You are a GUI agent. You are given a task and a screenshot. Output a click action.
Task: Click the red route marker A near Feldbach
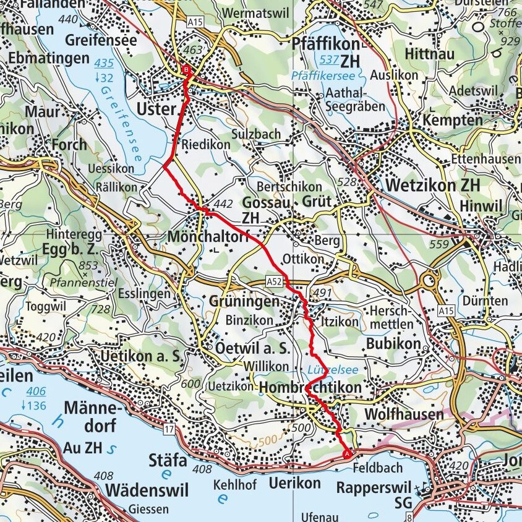coord(347,453)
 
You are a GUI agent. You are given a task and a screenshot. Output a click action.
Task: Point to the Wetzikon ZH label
coord(432,185)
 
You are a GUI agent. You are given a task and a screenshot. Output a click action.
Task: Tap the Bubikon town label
coord(393,343)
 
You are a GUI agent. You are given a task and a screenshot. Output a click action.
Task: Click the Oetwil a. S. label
coord(252,348)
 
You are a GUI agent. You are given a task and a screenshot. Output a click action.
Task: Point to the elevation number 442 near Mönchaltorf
coord(222,203)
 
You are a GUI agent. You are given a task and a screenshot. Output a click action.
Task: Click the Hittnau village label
coord(429,53)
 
